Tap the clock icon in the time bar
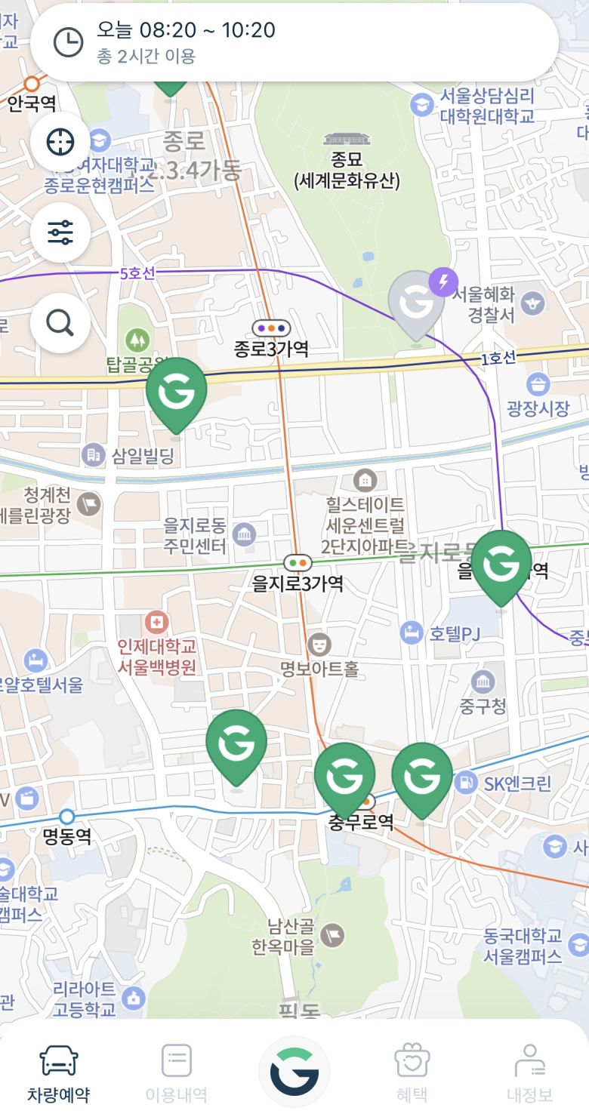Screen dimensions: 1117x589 click(x=68, y=42)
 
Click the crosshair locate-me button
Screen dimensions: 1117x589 click(x=60, y=142)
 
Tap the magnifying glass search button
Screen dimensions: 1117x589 click(x=60, y=323)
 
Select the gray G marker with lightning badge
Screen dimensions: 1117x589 click(x=417, y=304)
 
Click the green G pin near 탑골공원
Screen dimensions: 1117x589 click(x=176, y=392)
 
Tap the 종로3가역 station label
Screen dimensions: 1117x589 click(x=271, y=349)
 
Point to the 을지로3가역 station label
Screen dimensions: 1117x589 click(x=298, y=583)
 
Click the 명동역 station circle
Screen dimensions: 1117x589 click(x=67, y=817)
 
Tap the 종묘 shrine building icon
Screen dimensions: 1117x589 click(x=347, y=140)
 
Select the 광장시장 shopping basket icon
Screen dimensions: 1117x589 click(x=538, y=385)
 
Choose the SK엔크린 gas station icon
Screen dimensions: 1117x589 click(x=466, y=783)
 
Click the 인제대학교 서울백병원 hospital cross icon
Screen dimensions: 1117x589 click(x=157, y=623)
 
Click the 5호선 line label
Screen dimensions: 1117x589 click(x=137, y=273)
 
